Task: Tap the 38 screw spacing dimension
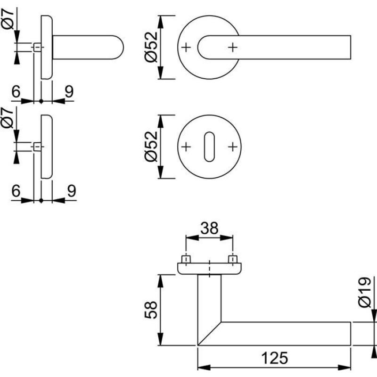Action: click(209, 229)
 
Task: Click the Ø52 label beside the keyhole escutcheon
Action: click(150, 147)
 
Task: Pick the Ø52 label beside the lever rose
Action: click(150, 47)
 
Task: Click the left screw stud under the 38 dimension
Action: click(187, 259)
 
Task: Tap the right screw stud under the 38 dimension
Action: click(232, 259)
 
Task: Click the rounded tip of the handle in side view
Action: click(120, 47)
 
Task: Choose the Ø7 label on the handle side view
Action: click(9, 19)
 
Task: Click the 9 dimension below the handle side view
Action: click(69, 91)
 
